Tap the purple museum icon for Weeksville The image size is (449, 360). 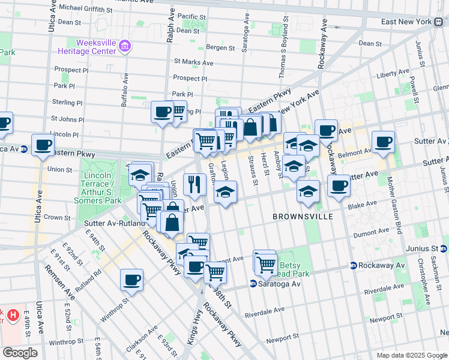pos(125,46)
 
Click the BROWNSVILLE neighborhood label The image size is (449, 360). pos(303,216)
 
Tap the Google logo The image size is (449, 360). pos(19,353)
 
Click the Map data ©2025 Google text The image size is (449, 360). pos(412,355)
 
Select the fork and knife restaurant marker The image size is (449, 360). pos(194,185)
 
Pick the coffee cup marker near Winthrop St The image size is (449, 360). pos(132,280)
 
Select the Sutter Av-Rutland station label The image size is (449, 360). pos(118,223)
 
